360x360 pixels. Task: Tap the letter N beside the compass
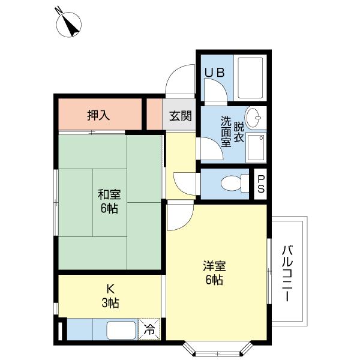pyautogui.click(x=58, y=10)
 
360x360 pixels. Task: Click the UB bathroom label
pyautogui.click(x=214, y=73)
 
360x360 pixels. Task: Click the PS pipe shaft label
pyautogui.click(x=261, y=182)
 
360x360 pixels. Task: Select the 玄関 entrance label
pyautogui.click(x=179, y=116)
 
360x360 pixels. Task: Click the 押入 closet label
pyautogui.click(x=98, y=115)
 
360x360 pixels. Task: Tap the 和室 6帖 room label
pyautogui.click(x=109, y=202)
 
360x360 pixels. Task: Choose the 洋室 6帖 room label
pyautogui.click(x=214, y=272)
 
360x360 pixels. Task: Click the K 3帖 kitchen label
pyautogui.click(x=109, y=296)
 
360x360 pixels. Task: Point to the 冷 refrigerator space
pyautogui.click(x=149, y=329)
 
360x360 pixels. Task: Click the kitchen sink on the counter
pyautogui.click(x=121, y=329)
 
